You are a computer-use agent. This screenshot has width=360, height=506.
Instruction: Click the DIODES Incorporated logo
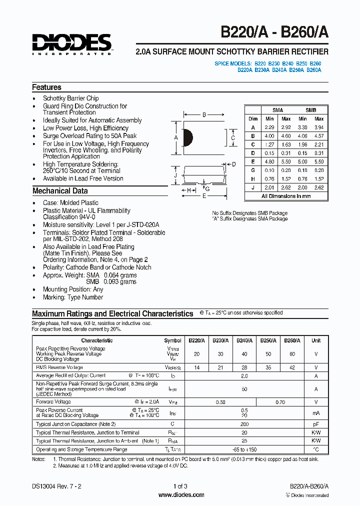tap(72, 44)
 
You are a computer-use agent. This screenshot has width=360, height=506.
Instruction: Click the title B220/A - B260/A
tap(274, 32)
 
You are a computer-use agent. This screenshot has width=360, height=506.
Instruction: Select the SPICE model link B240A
tap(279, 70)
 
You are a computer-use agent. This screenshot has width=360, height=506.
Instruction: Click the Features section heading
tap(46, 87)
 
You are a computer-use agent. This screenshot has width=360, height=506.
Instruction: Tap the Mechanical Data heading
tap(59, 190)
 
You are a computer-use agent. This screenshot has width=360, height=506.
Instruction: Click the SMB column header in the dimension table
tap(310, 110)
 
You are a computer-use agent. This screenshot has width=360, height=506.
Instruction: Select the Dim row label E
tap(253, 161)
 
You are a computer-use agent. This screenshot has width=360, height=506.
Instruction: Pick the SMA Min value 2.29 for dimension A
tap(269, 127)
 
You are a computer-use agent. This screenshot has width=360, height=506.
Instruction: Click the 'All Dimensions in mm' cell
tap(286, 196)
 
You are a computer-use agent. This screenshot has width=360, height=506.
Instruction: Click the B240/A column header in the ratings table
tap(244, 340)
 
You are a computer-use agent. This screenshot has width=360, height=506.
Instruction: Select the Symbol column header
tap(172, 340)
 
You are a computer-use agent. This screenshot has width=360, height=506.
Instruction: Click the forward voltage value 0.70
tap(280, 402)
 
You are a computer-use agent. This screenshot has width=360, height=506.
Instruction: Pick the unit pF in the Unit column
tap(316, 424)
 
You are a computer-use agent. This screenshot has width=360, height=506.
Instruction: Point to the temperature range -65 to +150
tap(244, 449)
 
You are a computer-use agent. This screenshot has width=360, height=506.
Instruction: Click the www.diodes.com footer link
tap(181, 495)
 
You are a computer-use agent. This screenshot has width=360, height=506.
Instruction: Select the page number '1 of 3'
tap(180, 486)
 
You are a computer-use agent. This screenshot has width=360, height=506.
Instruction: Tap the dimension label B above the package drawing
tap(204, 115)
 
